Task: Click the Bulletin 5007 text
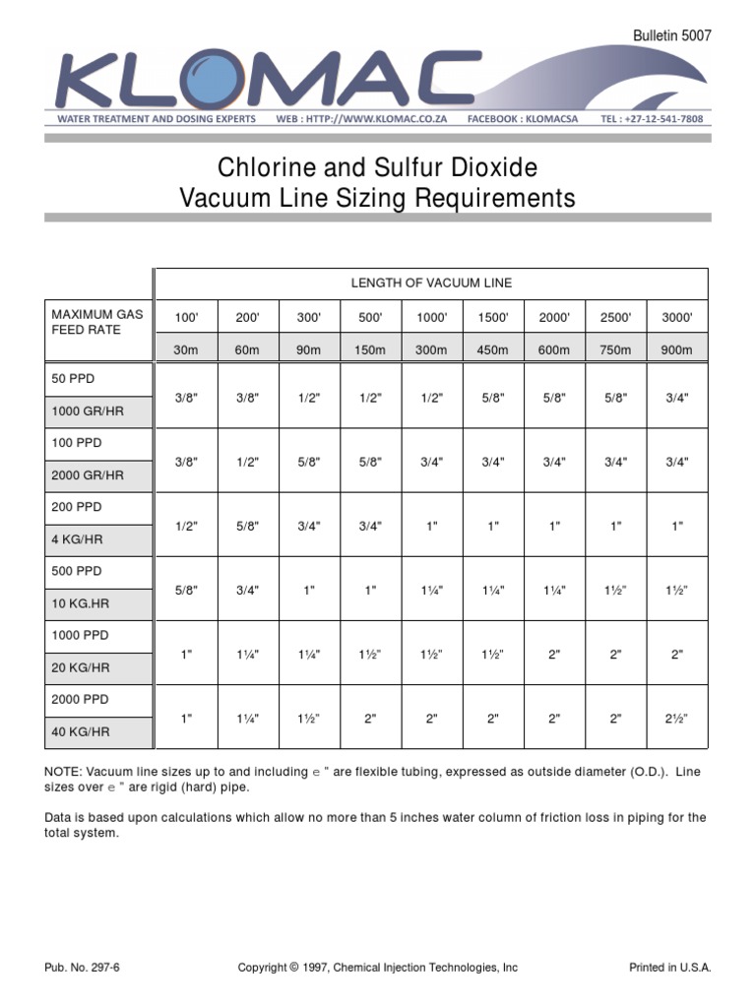(671, 35)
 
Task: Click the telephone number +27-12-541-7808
(652, 119)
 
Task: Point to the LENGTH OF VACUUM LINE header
(431, 283)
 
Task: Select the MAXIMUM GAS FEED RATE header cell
(97, 322)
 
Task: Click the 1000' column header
(431, 317)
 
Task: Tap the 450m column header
(492, 349)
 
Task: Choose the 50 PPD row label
(75, 379)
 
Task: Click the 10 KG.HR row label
(79, 603)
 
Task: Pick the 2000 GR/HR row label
(88, 475)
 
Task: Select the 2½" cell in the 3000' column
(676, 719)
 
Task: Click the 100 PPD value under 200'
(247, 462)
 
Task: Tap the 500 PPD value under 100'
(186, 590)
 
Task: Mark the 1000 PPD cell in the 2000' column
(554, 654)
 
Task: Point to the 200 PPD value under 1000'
(431, 526)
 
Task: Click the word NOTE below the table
(64, 773)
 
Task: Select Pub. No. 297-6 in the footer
(83, 968)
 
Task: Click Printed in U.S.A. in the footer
(669, 968)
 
